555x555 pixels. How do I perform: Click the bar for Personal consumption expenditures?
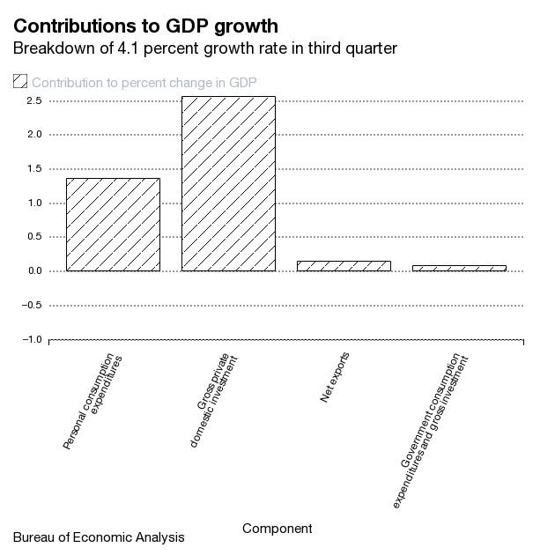click(x=113, y=225)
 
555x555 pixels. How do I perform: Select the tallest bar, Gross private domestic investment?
click(x=228, y=183)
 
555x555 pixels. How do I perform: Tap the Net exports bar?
click(x=344, y=265)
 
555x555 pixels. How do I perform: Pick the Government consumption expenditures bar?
click(x=458, y=268)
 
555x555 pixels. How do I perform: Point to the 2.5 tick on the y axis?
click(x=33, y=100)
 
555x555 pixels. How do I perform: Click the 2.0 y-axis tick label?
click(x=33, y=135)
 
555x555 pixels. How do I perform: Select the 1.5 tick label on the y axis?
click(x=33, y=169)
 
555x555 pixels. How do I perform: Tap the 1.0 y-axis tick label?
click(x=33, y=203)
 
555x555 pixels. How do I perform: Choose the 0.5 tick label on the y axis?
click(x=33, y=237)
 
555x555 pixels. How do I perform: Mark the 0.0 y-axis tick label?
click(x=33, y=270)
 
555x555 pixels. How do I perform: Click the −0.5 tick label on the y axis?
click(x=31, y=305)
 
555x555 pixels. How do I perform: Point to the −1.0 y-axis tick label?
click(x=31, y=339)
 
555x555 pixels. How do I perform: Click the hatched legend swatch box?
click(x=20, y=82)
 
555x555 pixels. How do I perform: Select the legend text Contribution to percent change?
click(x=144, y=83)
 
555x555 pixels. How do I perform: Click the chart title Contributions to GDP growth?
click(x=145, y=25)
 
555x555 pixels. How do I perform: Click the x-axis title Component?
click(x=277, y=529)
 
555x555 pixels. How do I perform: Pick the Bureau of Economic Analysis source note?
click(x=99, y=536)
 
